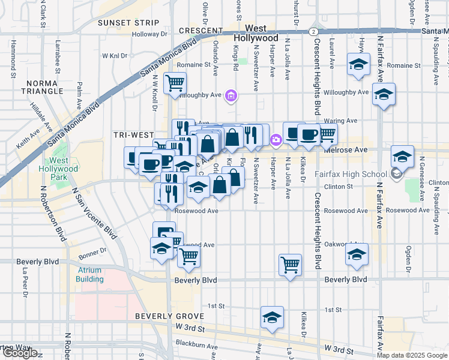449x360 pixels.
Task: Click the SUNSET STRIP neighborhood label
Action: click(129, 23)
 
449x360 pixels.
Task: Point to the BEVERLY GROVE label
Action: click(164, 316)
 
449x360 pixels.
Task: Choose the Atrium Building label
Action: click(89, 274)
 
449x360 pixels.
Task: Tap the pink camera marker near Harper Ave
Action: click(276, 140)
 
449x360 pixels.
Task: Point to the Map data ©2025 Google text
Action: click(412, 355)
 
